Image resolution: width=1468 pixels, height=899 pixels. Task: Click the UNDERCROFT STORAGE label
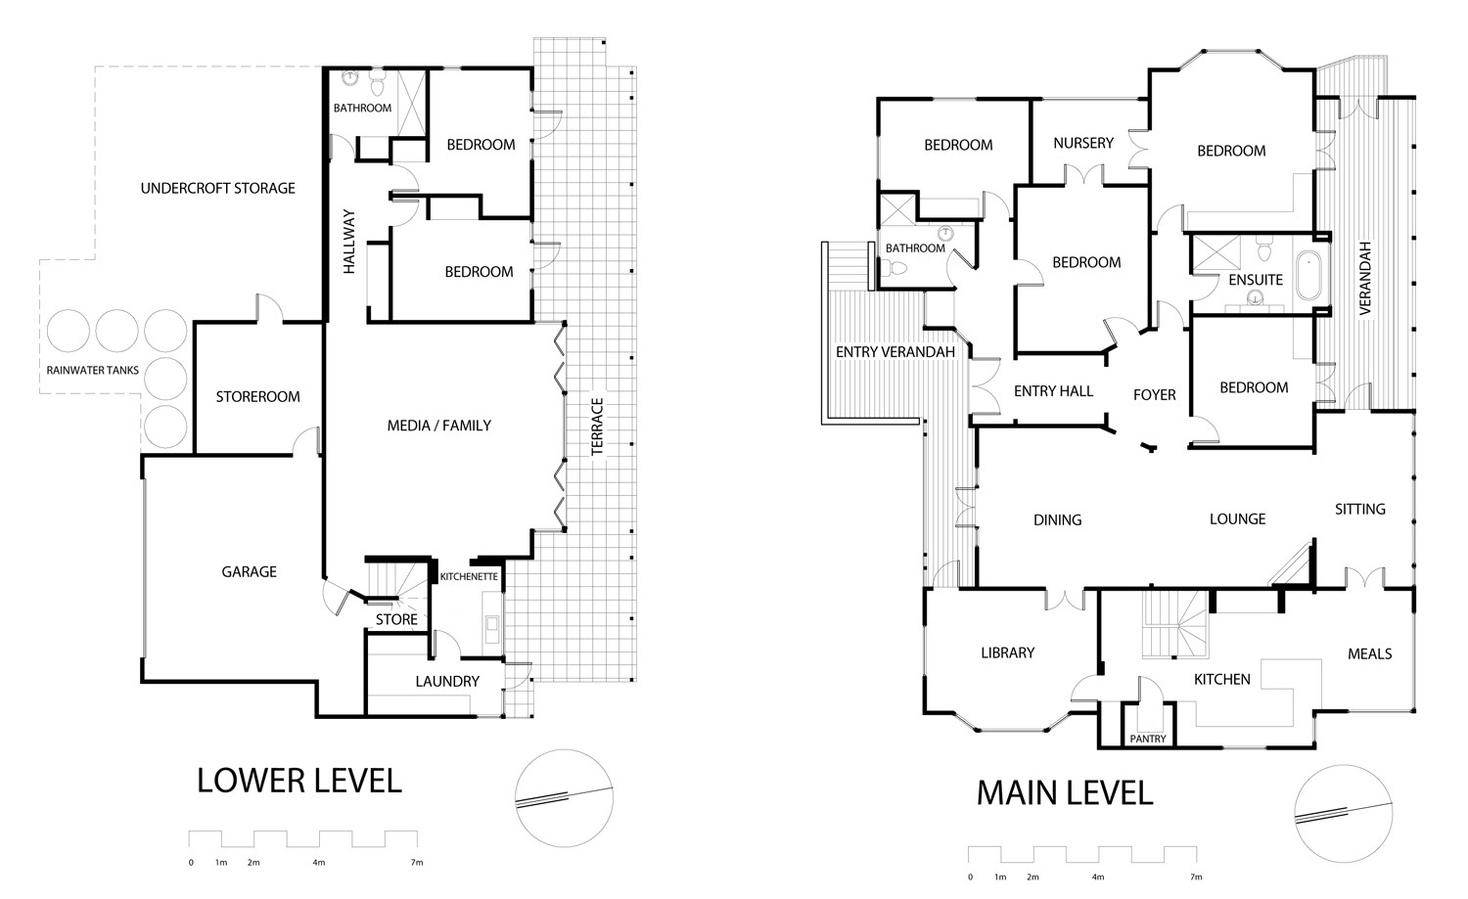pyautogui.click(x=217, y=189)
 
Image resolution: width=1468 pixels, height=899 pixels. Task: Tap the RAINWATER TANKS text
pyautogui.click(x=92, y=370)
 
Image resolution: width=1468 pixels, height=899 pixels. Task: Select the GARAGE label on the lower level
pyautogui.click(x=249, y=572)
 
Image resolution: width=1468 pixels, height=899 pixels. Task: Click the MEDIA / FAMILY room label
pyautogui.click(x=439, y=426)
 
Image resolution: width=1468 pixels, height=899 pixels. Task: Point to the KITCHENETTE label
pyautogui.click(x=469, y=576)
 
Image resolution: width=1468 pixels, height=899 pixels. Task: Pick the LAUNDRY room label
pyautogui.click(x=447, y=682)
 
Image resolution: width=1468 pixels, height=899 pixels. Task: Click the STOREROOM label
pyautogui.click(x=257, y=396)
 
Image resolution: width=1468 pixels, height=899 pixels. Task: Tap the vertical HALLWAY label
pyautogui.click(x=349, y=241)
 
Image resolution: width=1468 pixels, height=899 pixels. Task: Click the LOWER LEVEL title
pyautogui.click(x=299, y=781)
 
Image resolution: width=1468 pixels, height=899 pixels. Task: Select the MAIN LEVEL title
pyautogui.click(x=1065, y=792)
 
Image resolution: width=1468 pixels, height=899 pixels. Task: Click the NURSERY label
pyautogui.click(x=1083, y=143)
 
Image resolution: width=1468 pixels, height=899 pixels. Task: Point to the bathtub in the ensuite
pyautogui.click(x=1308, y=276)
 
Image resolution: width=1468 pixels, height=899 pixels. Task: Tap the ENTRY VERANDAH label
pyautogui.click(x=895, y=352)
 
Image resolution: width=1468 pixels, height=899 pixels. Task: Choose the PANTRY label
pyautogui.click(x=1148, y=739)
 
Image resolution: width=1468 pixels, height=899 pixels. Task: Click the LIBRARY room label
pyautogui.click(x=1008, y=652)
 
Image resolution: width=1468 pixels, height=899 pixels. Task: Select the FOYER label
pyautogui.click(x=1155, y=395)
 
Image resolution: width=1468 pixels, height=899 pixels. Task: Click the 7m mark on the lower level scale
pyautogui.click(x=417, y=862)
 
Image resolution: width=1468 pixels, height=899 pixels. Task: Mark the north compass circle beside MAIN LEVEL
pyautogui.click(x=1344, y=814)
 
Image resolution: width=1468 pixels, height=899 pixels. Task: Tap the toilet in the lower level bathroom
pyautogui.click(x=378, y=83)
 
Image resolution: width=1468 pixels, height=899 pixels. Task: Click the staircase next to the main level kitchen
pyautogui.click(x=1175, y=624)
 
